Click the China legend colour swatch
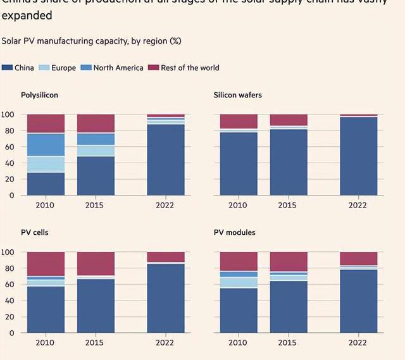pos(8,68)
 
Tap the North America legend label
pos(118,68)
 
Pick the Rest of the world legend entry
pos(190,68)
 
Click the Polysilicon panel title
pos(40,95)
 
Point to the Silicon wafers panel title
pos(237,95)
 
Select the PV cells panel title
pos(34,232)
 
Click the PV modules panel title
pos(234,232)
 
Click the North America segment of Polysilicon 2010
pos(46,145)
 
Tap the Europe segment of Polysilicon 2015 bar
pos(96,151)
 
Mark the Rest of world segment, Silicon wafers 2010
pos(239,121)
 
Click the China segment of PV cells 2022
pos(166,297)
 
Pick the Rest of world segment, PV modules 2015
pos(289,261)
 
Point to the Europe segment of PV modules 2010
pos(239,282)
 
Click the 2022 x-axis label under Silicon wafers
pos(358,206)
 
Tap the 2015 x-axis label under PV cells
pos(94,343)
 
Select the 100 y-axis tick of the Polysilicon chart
pos(8,115)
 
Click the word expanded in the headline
pos(27,15)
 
